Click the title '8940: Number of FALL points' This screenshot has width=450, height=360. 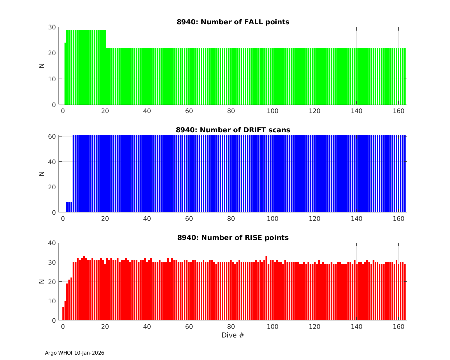point(233,22)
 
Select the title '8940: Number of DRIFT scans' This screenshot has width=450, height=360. point(233,130)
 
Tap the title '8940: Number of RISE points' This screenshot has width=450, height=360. point(233,238)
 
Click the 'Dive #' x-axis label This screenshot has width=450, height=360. point(233,335)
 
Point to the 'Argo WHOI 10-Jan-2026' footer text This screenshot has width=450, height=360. point(74,353)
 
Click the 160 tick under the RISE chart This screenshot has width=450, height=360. point(398,326)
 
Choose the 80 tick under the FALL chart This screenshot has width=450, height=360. point(231,111)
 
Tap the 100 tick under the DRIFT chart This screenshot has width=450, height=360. point(273,218)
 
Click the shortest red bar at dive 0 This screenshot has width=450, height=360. point(63,313)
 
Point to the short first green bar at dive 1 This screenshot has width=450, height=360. point(65,73)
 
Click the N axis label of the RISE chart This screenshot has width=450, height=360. point(42,281)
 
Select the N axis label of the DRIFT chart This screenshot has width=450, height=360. point(42,173)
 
